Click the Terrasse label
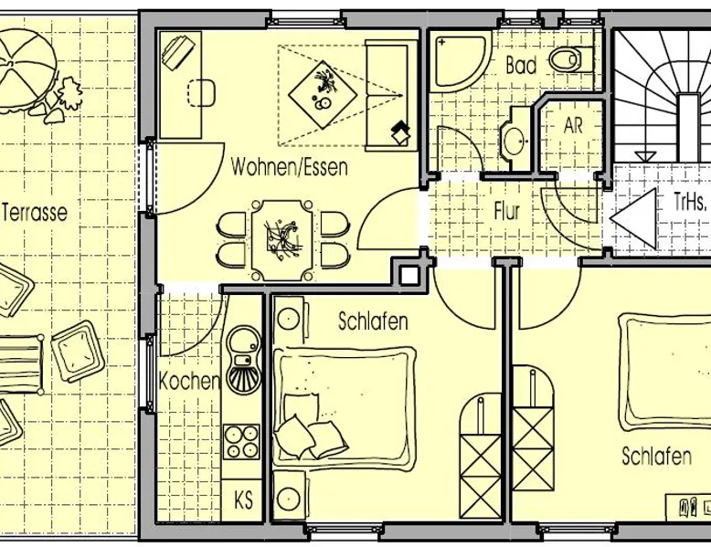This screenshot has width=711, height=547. (35, 213)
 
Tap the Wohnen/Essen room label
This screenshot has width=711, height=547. (290, 167)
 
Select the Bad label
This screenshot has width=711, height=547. (521, 65)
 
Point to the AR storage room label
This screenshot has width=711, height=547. (573, 125)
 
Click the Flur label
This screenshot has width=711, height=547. (506, 211)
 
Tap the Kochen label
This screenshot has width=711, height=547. (189, 382)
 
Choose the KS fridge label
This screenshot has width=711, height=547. (243, 501)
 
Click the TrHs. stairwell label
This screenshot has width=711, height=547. (690, 202)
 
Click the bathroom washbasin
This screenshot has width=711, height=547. (515, 139)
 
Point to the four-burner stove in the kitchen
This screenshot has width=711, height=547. (241, 441)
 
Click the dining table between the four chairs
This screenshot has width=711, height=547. (282, 240)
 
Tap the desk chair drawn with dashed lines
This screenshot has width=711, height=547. (201, 93)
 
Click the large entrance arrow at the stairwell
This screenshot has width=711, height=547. (634, 218)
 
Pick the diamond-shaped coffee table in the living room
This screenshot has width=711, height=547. (323, 95)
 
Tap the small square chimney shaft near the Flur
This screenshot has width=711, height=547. (409, 275)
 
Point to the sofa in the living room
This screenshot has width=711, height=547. (391, 95)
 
